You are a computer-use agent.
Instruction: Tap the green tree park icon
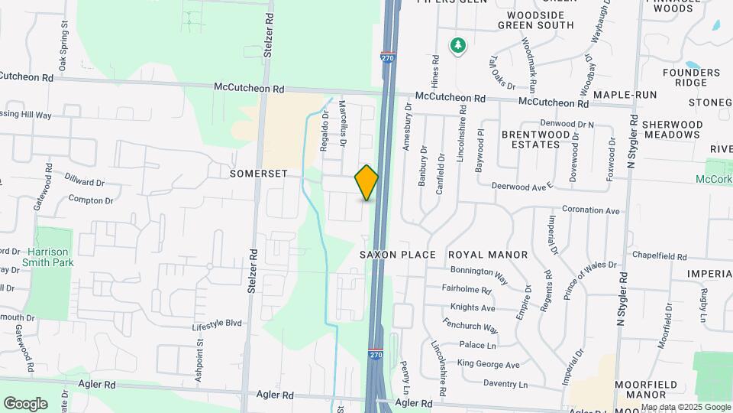tap(457, 46)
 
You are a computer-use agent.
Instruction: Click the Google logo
tap(25, 403)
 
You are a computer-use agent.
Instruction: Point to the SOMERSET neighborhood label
tap(258, 174)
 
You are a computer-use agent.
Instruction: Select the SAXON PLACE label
tap(398, 255)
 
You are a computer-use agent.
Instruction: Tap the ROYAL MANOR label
tap(488, 255)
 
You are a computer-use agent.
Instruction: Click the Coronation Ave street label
tap(591, 210)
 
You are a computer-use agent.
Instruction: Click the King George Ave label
tap(488, 365)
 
